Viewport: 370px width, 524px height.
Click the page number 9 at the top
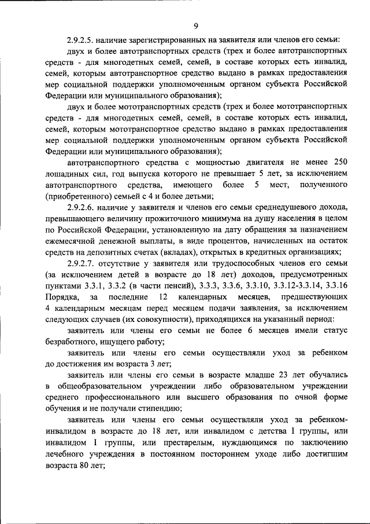click(196, 26)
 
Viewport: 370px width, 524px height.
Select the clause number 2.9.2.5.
click(83, 41)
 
